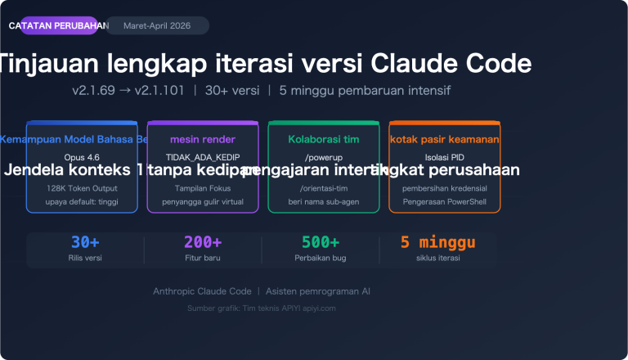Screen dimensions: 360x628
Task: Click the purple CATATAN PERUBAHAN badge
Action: point(59,26)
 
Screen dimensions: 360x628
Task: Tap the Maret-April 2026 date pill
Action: point(157,26)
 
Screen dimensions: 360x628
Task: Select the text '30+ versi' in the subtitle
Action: point(232,90)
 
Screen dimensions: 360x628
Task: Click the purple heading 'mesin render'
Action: point(203,139)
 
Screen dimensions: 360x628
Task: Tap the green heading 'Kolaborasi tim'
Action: point(324,139)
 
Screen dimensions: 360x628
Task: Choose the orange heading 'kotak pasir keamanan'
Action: point(444,139)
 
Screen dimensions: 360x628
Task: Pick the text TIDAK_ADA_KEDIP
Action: point(203,156)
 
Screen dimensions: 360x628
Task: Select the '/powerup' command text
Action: point(323,156)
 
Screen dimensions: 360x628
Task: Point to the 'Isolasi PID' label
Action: point(444,156)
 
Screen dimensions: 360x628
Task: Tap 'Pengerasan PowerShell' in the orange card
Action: point(444,200)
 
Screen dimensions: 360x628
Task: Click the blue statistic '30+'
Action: point(85,242)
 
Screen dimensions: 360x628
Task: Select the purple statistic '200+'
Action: point(203,242)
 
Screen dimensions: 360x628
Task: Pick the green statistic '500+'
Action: point(321,242)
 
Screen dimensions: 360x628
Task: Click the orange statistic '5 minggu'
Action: point(437,242)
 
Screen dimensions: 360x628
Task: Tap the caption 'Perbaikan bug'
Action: point(321,258)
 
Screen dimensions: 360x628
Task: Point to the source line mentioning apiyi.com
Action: point(262,308)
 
